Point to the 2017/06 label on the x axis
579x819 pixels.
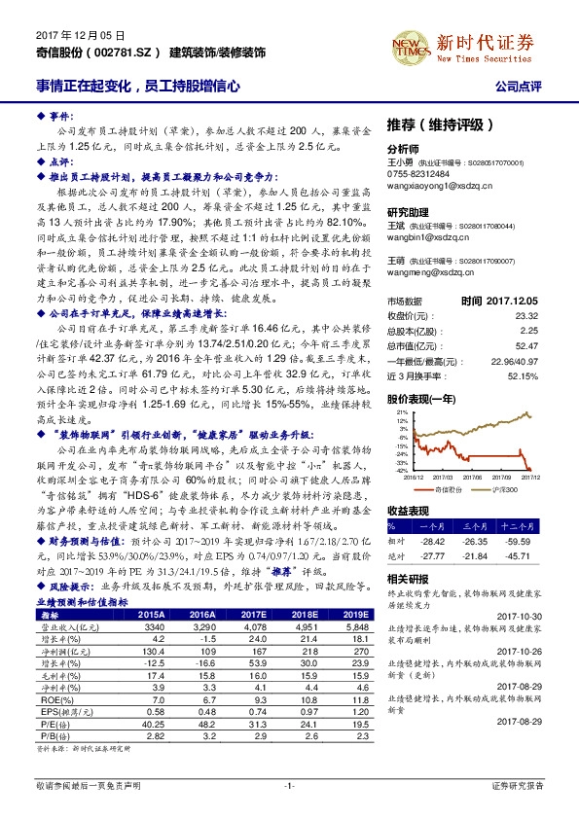point(470,477)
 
